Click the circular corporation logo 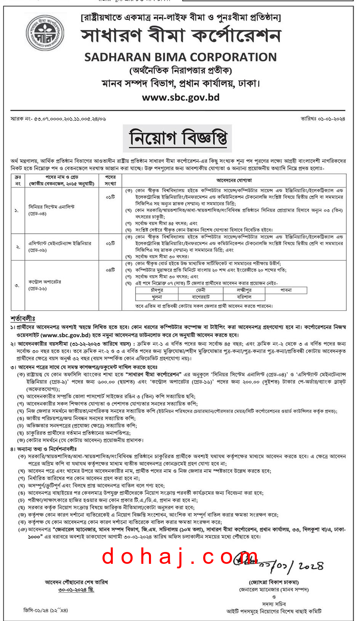(45, 33)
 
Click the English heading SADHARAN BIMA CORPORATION (180, 57)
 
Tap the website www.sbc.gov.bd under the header (181, 98)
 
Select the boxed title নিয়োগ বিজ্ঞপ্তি (178, 138)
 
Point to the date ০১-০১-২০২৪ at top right (323, 119)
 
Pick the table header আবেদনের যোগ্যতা (234, 180)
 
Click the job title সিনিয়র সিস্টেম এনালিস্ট (52, 207)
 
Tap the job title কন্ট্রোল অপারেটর (45, 282)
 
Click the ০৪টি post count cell (110, 270)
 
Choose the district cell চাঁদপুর (157, 290)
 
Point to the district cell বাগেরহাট (200, 297)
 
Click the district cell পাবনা (286, 290)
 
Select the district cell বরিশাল (244, 297)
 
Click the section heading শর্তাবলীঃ (23, 318)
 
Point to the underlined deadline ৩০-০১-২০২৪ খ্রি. (76, 589)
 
